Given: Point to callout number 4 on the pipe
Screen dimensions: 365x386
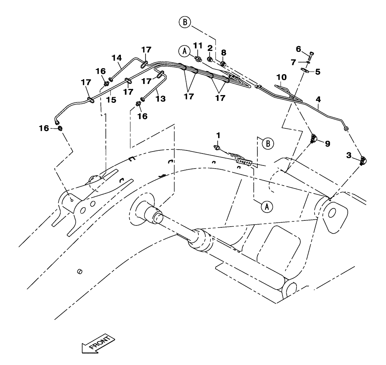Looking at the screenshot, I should (x=318, y=99).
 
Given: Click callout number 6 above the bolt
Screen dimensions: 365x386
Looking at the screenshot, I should (x=298, y=49).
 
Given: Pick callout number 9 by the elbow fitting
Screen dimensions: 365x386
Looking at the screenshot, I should (x=327, y=143).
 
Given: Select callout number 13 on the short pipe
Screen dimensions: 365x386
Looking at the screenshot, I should (x=161, y=99).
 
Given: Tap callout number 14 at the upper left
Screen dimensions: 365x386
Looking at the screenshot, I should (x=117, y=58).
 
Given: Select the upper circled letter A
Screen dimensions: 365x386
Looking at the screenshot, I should (x=185, y=51).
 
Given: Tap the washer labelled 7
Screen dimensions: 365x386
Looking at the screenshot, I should (x=309, y=61).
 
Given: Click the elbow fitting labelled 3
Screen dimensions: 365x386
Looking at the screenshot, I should (x=363, y=160).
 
